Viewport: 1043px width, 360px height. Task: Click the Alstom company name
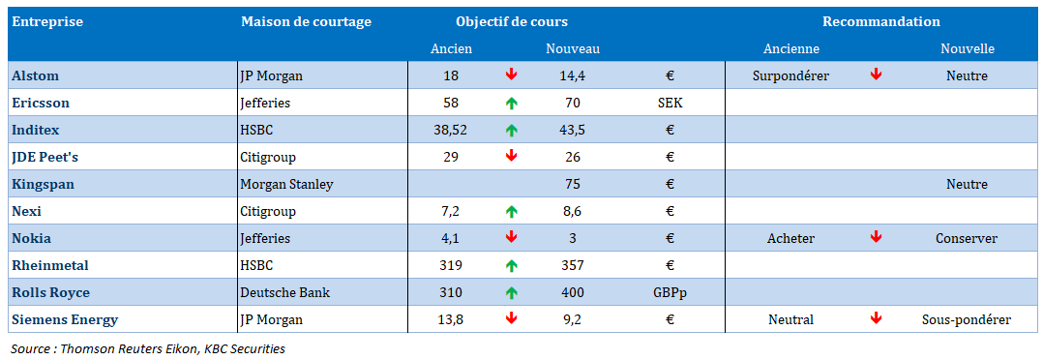tap(35, 75)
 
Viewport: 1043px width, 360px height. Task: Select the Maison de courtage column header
tap(306, 22)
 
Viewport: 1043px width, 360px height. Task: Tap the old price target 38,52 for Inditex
tap(450, 131)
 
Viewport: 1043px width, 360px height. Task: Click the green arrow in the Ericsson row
tap(511, 104)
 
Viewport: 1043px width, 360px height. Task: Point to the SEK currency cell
tap(670, 104)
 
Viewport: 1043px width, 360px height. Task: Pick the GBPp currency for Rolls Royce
tap(670, 293)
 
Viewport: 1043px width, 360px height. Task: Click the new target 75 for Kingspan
tap(573, 184)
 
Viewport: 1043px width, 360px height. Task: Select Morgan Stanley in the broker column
tap(286, 184)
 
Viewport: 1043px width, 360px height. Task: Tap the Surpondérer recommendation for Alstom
tap(790, 75)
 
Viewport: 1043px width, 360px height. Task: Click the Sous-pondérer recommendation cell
tap(967, 320)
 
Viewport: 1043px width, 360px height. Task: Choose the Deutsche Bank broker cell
tap(284, 293)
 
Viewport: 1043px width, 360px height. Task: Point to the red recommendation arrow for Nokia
tap(876, 237)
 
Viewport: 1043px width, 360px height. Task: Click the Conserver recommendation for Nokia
tap(967, 238)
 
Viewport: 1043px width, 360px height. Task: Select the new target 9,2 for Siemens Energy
tap(573, 320)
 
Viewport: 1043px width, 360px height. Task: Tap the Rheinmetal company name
tap(50, 265)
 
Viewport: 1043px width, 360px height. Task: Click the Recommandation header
tap(881, 22)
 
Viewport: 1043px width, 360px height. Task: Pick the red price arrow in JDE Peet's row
tap(511, 157)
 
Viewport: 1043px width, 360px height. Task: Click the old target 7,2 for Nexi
tap(450, 212)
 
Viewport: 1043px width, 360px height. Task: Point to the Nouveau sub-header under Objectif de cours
tap(573, 48)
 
